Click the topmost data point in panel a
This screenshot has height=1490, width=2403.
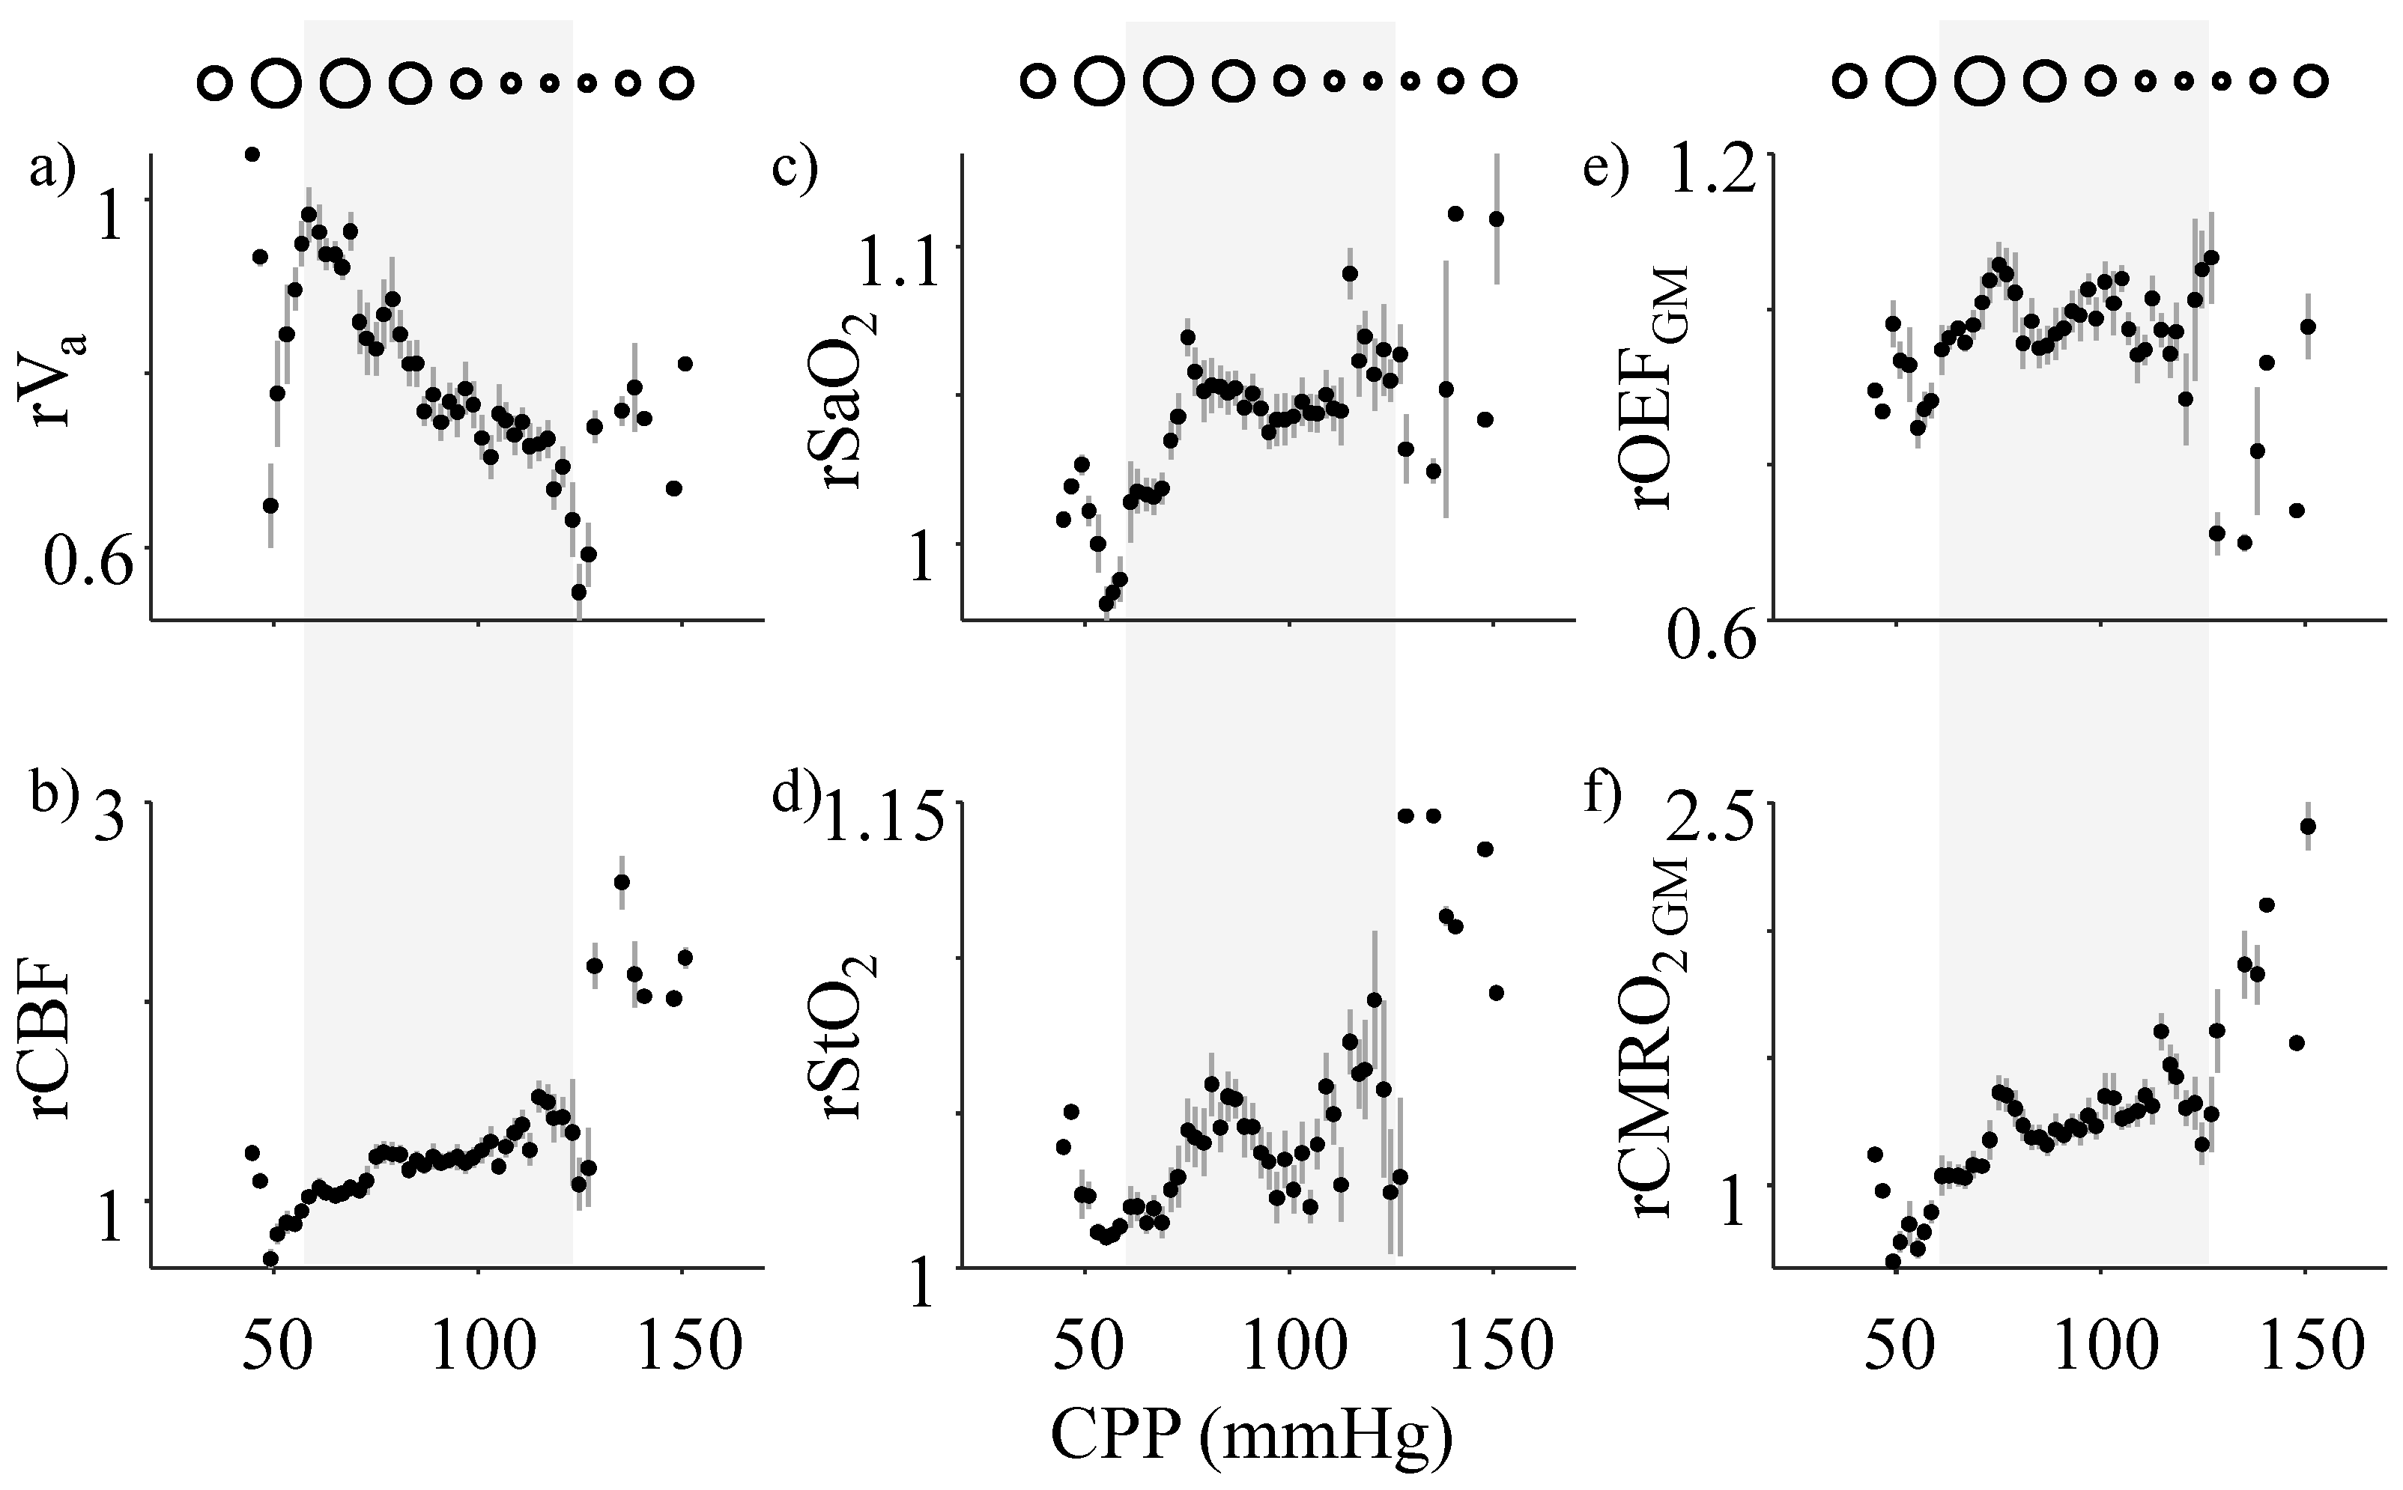click(x=252, y=153)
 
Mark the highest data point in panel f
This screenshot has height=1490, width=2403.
click(x=2307, y=826)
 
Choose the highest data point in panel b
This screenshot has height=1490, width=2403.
click(x=621, y=882)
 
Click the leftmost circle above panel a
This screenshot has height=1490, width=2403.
click(x=214, y=84)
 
